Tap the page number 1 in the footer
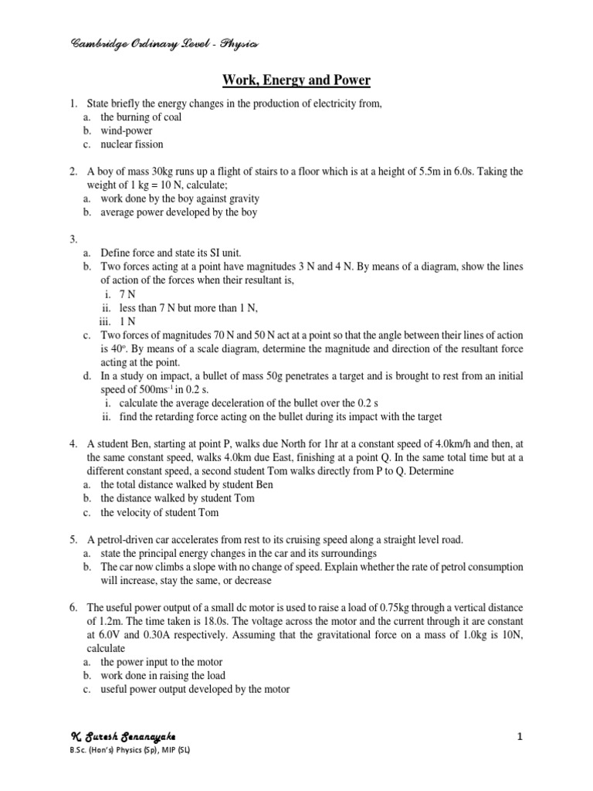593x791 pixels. (x=520, y=738)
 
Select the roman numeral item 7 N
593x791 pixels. (x=128, y=294)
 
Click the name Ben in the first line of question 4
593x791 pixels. (x=139, y=443)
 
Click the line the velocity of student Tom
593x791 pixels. (x=160, y=512)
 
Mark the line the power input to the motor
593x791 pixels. (x=161, y=662)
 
